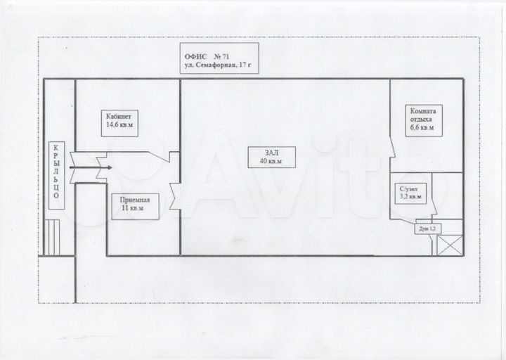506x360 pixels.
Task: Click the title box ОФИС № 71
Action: pos(219,58)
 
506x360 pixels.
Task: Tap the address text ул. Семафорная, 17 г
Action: pos(218,65)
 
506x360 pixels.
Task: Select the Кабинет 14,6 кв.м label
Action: pos(119,123)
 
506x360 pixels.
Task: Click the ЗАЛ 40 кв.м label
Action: pos(271,157)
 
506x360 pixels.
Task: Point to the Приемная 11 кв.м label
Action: pos(135,207)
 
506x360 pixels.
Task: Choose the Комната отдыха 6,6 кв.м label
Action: pos(424,120)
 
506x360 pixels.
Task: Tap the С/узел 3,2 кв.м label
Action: pos(410,194)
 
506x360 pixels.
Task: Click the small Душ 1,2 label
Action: pos(427,229)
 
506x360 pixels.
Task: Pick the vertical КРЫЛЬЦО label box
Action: pos(56,175)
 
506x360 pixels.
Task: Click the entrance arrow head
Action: pos(110,167)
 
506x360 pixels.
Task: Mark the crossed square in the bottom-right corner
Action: pos(450,245)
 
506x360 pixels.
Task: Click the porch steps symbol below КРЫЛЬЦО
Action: pos(52,238)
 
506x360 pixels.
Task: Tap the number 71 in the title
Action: pos(226,56)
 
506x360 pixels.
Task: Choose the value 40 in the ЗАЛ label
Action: pos(264,161)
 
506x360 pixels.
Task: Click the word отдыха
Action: pos(421,120)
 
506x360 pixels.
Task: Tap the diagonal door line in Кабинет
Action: pos(159,157)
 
